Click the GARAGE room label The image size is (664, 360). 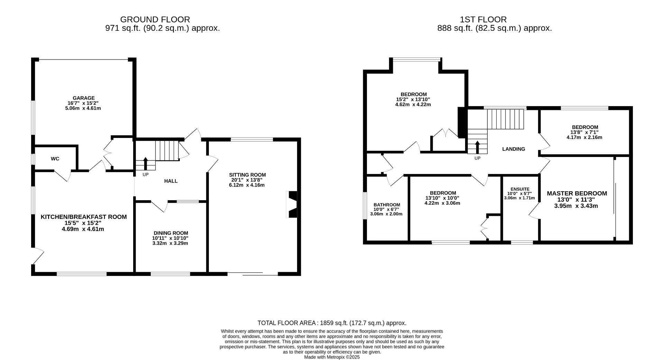pyautogui.click(x=83, y=98)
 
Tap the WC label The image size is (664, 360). pyautogui.click(x=55, y=159)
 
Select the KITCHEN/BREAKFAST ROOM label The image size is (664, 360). pyautogui.click(x=84, y=217)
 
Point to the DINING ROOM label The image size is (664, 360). pyautogui.click(x=171, y=233)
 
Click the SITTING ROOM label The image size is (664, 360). pyautogui.click(x=247, y=175)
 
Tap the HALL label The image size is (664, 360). pyautogui.click(x=171, y=181)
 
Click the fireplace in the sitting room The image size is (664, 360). pyautogui.click(x=292, y=204)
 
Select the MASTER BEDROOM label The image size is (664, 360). pyautogui.click(x=577, y=193)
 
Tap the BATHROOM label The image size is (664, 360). pyautogui.click(x=387, y=205)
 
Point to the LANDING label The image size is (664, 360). pyautogui.click(x=514, y=149)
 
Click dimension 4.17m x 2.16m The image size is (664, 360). pyautogui.click(x=584, y=137)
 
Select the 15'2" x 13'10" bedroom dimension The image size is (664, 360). pyautogui.click(x=413, y=99)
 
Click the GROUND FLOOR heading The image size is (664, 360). pyautogui.click(x=155, y=19)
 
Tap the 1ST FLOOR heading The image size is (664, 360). pyautogui.click(x=483, y=19)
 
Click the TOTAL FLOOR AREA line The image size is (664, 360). pyautogui.click(x=332, y=323)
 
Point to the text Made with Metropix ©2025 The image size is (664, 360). pyautogui.click(x=332, y=357)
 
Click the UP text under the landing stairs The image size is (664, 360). pyautogui.click(x=477, y=158)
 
